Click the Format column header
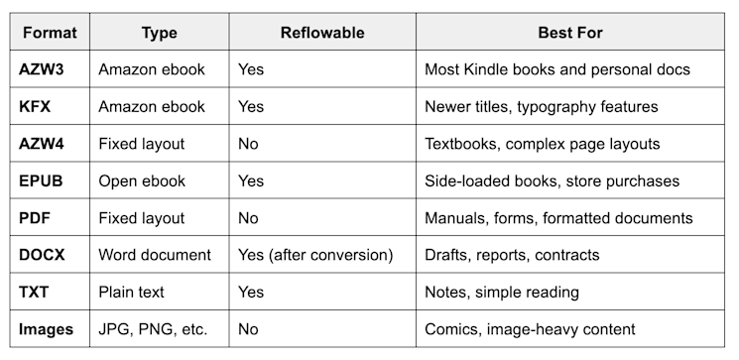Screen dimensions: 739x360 (50, 33)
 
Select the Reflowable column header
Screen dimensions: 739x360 (322, 33)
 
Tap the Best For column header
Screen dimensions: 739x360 (570, 33)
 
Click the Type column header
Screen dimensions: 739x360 (159, 33)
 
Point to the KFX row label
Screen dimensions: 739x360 (38, 107)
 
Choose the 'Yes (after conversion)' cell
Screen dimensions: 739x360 (315, 255)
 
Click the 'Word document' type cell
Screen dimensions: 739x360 (154, 255)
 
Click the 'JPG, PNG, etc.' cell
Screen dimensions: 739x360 (153, 329)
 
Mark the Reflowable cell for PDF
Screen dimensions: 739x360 (248, 218)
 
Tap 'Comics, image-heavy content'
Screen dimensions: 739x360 (530, 329)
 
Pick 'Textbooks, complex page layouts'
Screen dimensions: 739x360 (542, 144)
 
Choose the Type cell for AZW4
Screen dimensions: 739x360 (142, 144)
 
